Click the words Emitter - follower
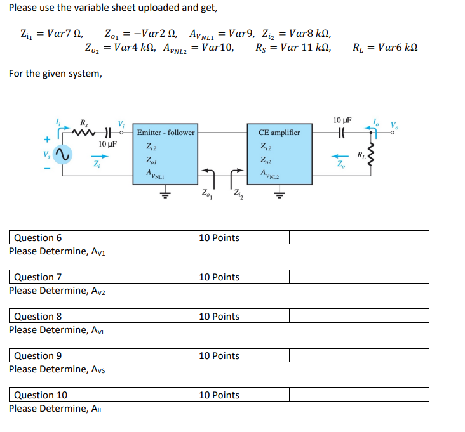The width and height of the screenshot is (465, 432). coord(166,133)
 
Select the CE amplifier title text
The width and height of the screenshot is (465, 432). coord(280,133)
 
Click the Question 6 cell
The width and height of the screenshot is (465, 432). coord(79,238)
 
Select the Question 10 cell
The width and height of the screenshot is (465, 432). coord(79,395)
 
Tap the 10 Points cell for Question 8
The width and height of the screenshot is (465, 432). coord(219,317)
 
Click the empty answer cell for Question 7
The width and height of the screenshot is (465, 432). coord(359,277)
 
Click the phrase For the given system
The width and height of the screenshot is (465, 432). coord(55,74)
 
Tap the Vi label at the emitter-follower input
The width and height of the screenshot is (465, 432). coord(121,123)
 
